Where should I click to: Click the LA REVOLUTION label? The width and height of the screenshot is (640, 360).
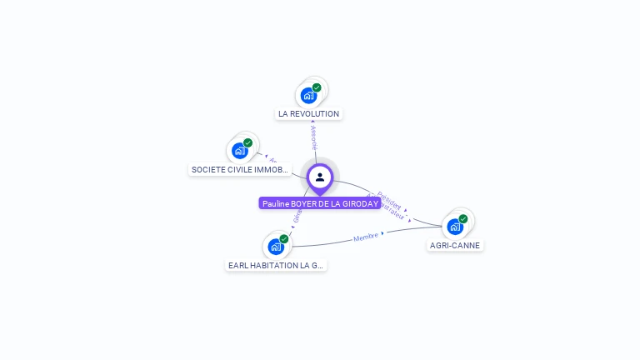coord(308,113)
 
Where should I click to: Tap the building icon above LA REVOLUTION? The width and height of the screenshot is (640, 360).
coord(308,95)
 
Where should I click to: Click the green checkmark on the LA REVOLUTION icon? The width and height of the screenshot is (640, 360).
coord(317,87)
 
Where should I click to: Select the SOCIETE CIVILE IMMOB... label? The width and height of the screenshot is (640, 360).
coord(240,169)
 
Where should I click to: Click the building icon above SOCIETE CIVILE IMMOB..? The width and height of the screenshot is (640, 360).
coord(239,151)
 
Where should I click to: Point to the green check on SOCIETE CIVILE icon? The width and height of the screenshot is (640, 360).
coord(247,143)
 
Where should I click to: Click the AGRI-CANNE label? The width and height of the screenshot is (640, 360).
coord(455,245)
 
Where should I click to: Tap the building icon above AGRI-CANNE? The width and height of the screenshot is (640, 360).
coord(454,226)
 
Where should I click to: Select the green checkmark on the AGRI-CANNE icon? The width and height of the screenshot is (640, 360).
coord(463,219)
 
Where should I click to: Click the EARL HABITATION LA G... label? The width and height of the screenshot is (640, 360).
coord(276,265)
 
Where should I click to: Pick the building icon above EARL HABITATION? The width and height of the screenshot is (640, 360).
coord(275,247)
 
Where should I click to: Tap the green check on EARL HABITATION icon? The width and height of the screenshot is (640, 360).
coord(284,239)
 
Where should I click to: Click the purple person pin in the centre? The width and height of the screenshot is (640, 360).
coord(320,177)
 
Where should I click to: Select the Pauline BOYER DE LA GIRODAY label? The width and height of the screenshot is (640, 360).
coord(320,203)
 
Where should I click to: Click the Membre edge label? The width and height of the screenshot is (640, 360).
coord(366,237)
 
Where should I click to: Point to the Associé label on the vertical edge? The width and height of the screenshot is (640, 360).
coord(313,138)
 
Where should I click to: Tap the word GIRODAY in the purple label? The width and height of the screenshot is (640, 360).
coord(361,203)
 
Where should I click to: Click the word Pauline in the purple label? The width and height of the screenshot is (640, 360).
coord(275,203)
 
